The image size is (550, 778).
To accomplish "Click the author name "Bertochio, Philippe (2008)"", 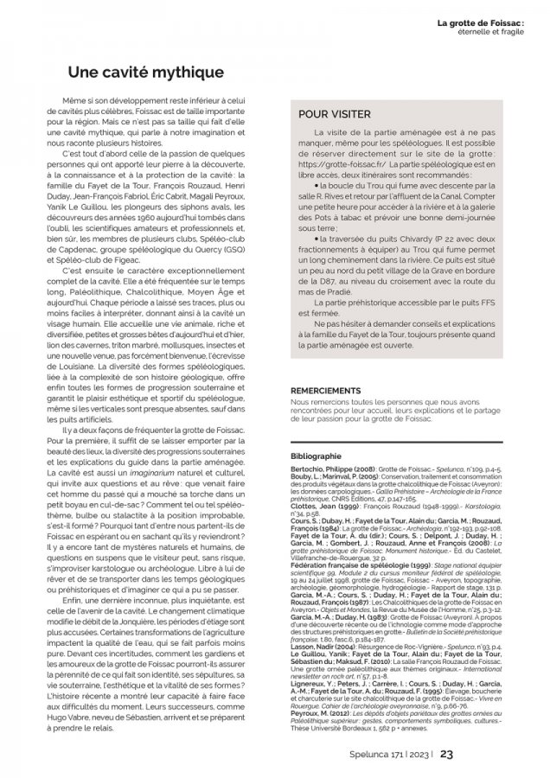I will pos(333,468).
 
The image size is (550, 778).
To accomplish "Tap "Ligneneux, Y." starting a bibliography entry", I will pos(312,685).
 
